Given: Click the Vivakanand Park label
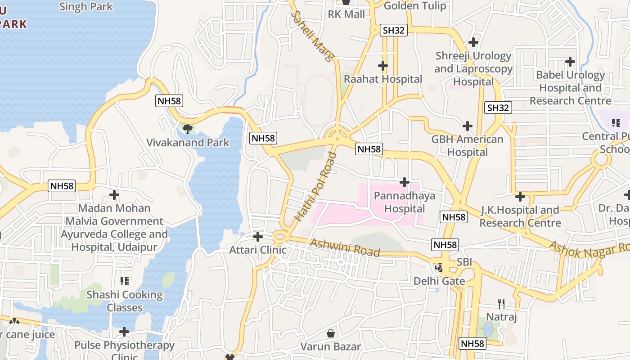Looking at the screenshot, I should tap(188, 143).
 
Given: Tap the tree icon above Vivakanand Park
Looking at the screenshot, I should tap(188, 130).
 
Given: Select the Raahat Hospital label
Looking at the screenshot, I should tap(383, 79).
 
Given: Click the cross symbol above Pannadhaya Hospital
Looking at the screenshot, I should tap(405, 182).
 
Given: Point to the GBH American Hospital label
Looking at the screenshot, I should tap(467, 146).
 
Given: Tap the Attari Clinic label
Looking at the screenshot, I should tap(258, 250).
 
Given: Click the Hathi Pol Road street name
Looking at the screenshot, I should tap(316, 187).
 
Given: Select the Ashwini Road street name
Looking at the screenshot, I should tap(345, 247).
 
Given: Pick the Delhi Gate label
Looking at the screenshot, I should tap(439, 281).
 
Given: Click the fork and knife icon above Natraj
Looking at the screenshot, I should tap(501, 304).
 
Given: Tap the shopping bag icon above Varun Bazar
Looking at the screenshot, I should tap(331, 333).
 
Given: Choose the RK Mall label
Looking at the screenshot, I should tap(346, 14).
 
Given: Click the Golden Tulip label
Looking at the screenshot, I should tap(415, 6).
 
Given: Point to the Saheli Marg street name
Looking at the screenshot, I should tap(313, 36).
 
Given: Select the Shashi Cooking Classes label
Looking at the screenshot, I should tap(125, 301).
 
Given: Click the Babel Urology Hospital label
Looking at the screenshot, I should tap(570, 88).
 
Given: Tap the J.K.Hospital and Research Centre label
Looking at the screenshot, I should tap(520, 216).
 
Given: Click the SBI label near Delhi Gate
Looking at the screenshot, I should tap(464, 262).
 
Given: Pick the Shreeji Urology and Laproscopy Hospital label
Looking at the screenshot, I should tap(473, 69).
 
